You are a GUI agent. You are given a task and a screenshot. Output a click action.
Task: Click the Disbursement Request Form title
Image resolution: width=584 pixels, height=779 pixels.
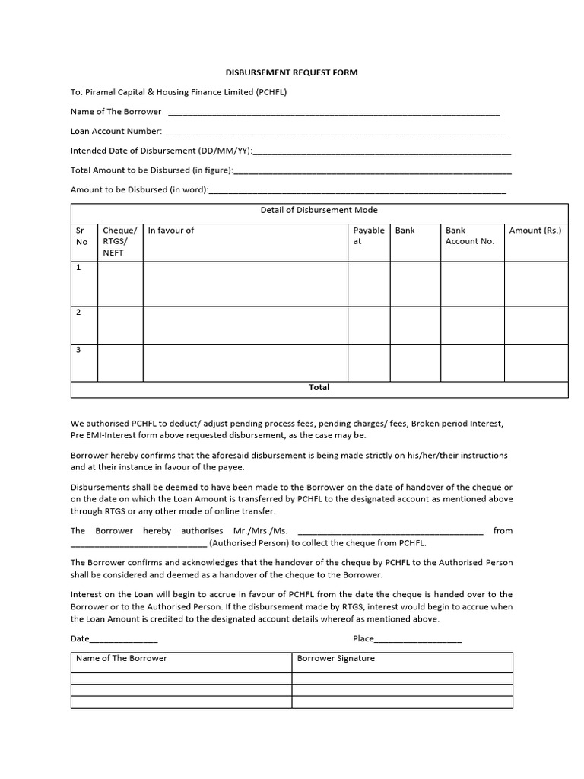tap(291, 72)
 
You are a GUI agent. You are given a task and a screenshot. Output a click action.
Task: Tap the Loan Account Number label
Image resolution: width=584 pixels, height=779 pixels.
tap(116, 131)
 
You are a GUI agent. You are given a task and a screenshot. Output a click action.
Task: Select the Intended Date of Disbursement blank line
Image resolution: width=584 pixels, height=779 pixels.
tap(382, 151)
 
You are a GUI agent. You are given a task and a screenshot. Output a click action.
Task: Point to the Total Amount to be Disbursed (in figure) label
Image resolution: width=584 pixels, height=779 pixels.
tap(152, 170)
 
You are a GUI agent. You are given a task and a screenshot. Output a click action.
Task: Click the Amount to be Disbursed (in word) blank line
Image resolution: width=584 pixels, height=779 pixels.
tap(357, 190)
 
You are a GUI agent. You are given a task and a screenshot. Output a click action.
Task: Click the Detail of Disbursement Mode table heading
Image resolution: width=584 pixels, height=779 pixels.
tap(319, 211)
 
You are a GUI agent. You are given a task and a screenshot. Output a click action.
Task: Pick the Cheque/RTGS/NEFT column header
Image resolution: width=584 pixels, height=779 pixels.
tap(120, 241)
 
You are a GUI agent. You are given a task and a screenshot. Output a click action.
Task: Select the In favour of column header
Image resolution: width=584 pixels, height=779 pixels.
tap(171, 231)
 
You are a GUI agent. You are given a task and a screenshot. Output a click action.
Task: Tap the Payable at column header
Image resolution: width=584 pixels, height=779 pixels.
tap(369, 236)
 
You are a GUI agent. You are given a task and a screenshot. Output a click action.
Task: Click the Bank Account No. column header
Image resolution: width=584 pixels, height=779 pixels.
tap(470, 236)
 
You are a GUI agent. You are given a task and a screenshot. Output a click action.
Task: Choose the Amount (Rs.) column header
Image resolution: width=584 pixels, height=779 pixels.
tap(535, 231)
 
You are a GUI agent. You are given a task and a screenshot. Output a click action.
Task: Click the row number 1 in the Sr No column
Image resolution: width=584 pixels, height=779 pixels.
tap(78, 268)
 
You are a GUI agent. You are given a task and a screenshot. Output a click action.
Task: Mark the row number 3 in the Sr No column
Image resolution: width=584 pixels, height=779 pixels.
tap(78, 350)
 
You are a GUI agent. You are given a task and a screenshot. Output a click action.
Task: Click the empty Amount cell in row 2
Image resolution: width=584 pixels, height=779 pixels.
tap(536, 325)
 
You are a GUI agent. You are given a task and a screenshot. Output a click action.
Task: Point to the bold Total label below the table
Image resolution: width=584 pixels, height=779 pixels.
tap(319, 388)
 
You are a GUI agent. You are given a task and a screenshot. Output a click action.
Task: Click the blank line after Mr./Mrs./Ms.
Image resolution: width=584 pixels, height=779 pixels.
tap(391, 532)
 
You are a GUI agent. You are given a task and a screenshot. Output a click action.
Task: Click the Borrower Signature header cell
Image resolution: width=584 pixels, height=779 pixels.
tap(335, 659)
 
